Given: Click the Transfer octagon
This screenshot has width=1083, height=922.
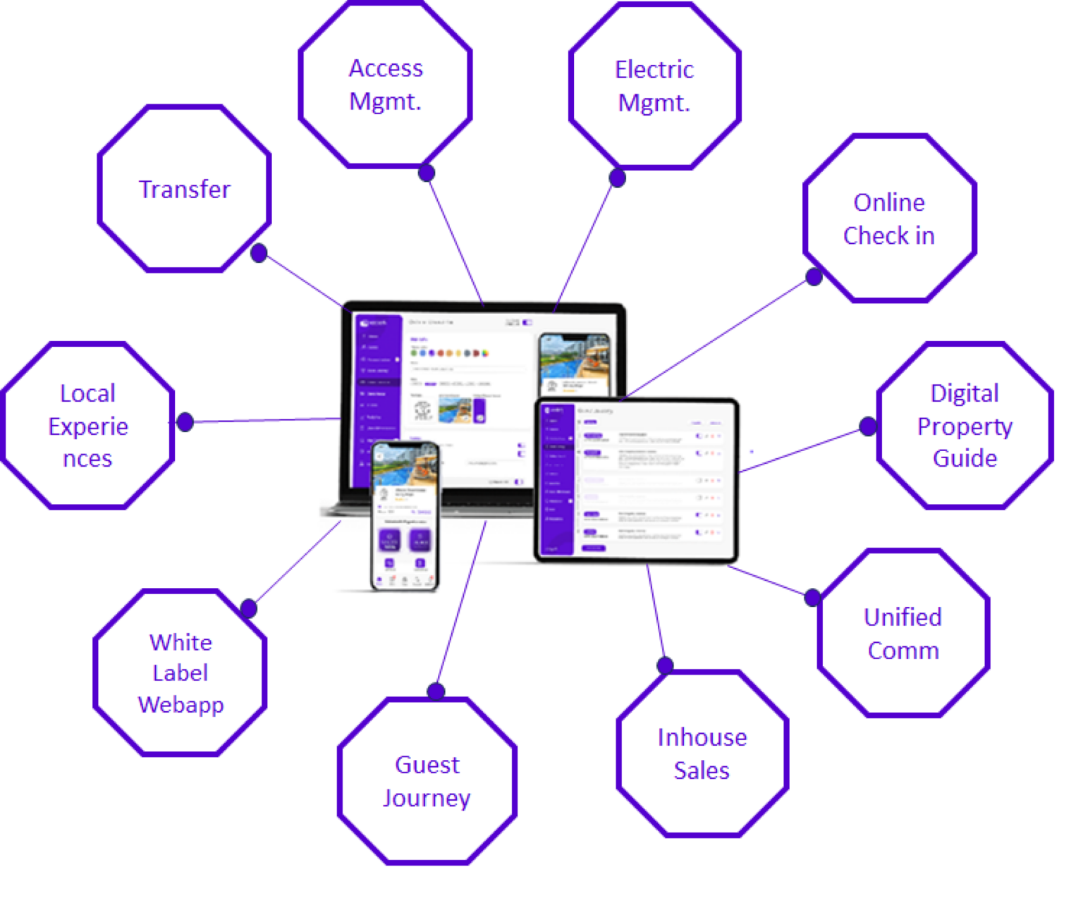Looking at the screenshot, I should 184,189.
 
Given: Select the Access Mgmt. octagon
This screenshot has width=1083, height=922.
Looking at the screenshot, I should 385,85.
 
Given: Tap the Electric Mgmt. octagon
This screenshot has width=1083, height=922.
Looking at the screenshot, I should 654,86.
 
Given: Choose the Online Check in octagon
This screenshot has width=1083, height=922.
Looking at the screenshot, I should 889,219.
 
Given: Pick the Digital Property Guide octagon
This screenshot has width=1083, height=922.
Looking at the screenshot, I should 965,425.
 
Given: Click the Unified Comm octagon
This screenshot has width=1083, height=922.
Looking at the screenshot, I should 903,633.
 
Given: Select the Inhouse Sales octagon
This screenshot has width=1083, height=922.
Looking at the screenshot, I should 702,754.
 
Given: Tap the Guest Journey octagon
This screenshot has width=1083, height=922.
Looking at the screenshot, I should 427,781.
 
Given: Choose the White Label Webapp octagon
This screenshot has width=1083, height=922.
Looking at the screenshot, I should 180,673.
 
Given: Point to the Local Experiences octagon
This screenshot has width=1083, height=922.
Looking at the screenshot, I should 87,425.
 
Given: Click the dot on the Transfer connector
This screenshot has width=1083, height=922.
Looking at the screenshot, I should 259,253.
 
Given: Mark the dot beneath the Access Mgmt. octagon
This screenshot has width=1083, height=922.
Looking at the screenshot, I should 426,173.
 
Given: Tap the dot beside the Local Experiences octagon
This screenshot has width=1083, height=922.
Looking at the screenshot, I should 185,422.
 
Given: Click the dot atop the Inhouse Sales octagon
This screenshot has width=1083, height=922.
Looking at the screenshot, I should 664,665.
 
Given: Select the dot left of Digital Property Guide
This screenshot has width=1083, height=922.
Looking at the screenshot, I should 868,426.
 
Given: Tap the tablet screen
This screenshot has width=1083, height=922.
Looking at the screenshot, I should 637,480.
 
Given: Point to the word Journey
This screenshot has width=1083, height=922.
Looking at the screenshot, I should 427,798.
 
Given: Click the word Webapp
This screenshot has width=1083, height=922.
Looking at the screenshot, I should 180,704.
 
